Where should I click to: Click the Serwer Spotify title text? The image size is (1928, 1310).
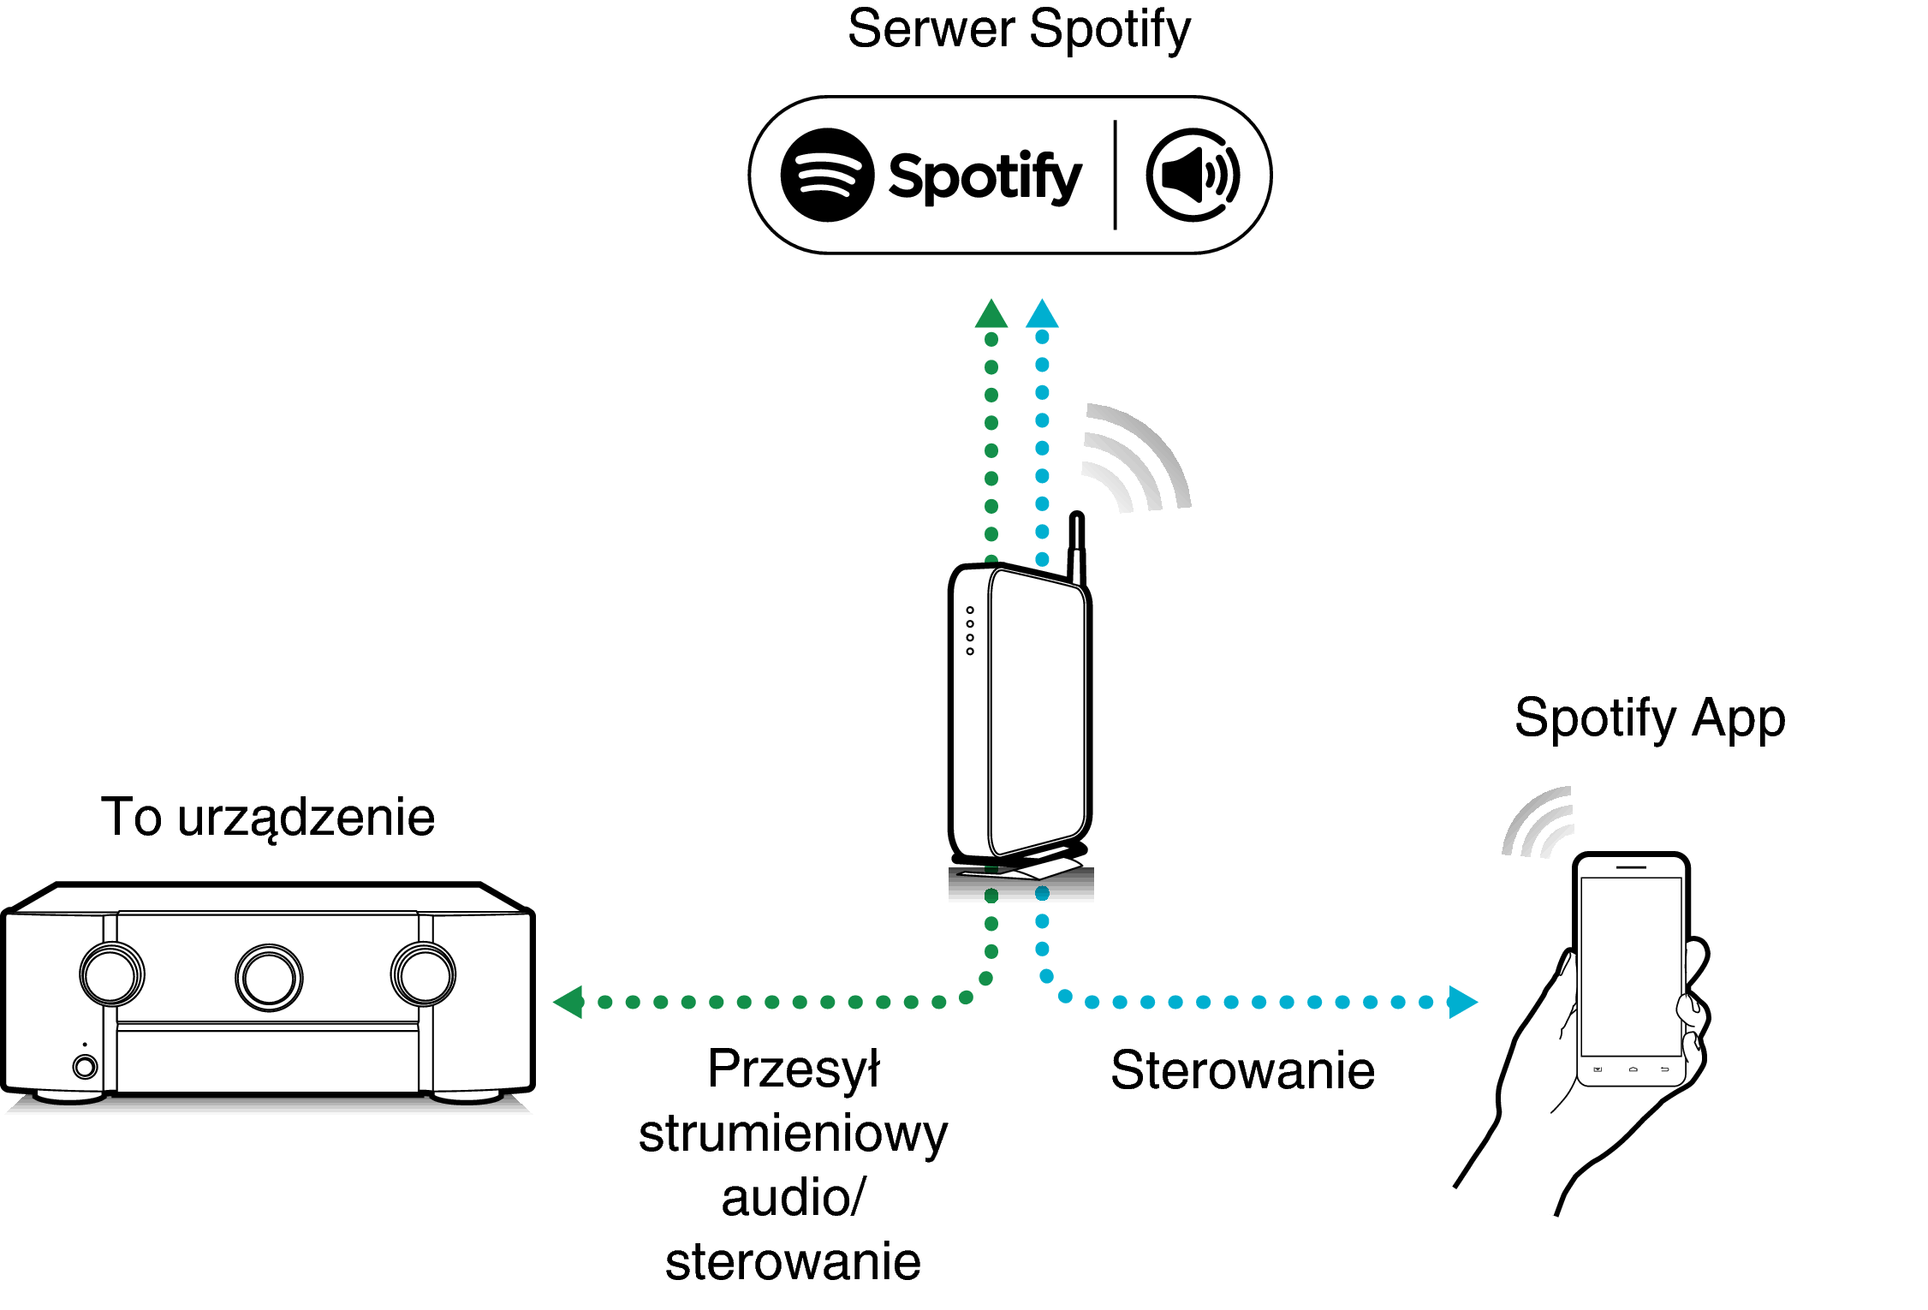pyautogui.click(x=1019, y=30)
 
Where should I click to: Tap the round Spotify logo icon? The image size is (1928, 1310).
pyautogui.click(x=827, y=176)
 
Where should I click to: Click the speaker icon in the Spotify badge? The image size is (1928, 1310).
pyautogui.click(x=1193, y=176)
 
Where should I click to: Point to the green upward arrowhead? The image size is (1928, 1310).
pyautogui.click(x=991, y=315)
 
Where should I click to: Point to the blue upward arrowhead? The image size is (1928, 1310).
pyautogui.click(x=1042, y=315)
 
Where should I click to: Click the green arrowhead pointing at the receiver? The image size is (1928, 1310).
pyautogui.click(x=569, y=1002)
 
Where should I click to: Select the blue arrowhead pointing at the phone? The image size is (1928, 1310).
pyautogui.click(x=1462, y=1002)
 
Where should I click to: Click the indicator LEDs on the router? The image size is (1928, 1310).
pyautogui.click(x=970, y=631)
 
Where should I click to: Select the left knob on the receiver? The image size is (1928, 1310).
pyautogui.click(x=112, y=974)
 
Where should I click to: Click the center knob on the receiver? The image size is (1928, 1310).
pyautogui.click(x=269, y=978)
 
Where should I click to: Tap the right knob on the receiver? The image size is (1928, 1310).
pyautogui.click(x=424, y=974)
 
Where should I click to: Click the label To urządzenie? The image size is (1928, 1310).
pyautogui.click(x=268, y=818)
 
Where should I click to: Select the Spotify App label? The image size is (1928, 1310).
pyautogui.click(x=1650, y=718)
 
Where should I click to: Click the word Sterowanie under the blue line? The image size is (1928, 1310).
pyautogui.click(x=1242, y=1070)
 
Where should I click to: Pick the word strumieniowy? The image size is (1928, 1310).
pyautogui.click(x=794, y=1134)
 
